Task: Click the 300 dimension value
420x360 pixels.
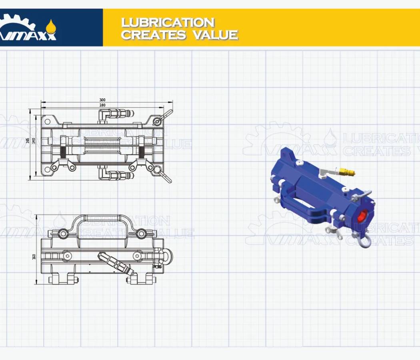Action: tap(102, 100)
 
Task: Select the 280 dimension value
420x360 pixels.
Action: tap(102, 105)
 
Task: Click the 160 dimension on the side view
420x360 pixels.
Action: tap(34, 256)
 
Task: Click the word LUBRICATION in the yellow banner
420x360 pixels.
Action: tap(168, 22)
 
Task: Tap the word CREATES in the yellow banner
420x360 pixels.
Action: tap(154, 35)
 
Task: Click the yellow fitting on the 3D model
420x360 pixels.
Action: tap(346, 172)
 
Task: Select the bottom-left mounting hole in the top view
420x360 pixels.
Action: tap(48, 169)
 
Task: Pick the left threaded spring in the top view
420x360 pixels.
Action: tap(62, 152)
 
